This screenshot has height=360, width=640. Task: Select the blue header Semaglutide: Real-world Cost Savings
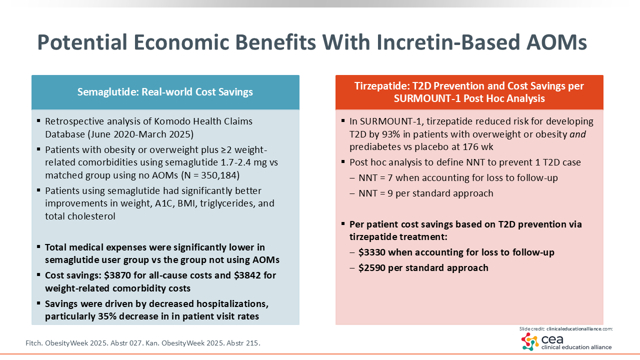[x=165, y=92]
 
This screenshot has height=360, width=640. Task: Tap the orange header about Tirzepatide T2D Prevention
[x=469, y=92]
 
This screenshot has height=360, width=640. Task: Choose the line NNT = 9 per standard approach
[x=426, y=193]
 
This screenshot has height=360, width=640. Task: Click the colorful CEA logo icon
[x=530, y=341]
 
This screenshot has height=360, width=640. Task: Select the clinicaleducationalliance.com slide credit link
[x=579, y=329]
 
